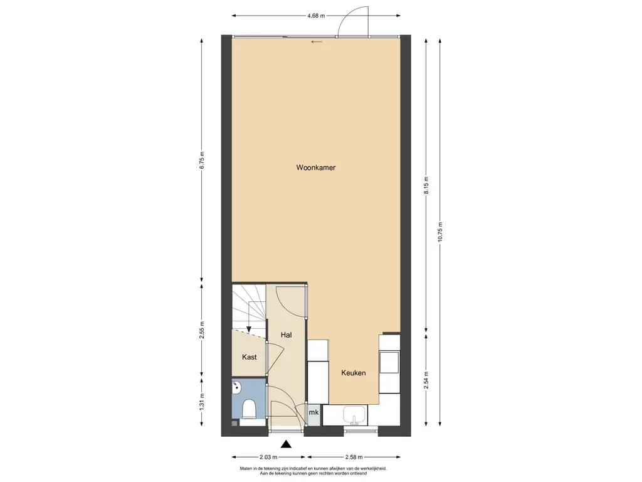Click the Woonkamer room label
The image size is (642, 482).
[316, 168]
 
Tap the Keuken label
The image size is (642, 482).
[354, 373]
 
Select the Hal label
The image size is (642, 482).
[286, 335]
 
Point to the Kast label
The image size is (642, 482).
[249, 357]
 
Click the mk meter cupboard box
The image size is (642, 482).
[313, 413]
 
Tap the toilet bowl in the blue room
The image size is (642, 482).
[249, 409]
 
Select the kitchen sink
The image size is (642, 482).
[355, 415]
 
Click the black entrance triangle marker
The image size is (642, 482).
[287, 444]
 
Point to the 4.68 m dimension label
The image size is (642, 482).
[316, 16]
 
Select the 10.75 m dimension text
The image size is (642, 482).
[440, 232]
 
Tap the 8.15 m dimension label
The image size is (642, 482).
[426, 185]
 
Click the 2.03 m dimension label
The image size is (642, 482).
[269, 457]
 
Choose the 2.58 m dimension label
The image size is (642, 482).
[354, 457]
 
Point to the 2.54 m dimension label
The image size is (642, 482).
[426, 380]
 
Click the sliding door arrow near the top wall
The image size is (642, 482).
[317, 41]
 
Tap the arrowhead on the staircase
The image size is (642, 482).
[248, 329]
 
